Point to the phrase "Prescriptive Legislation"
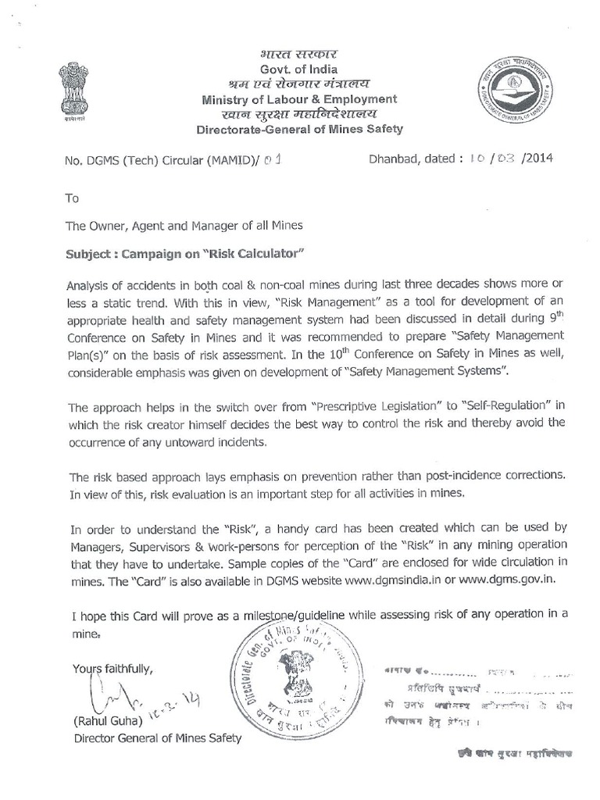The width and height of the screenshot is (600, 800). [376, 408]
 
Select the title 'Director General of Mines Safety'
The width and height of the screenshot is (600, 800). [158, 737]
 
